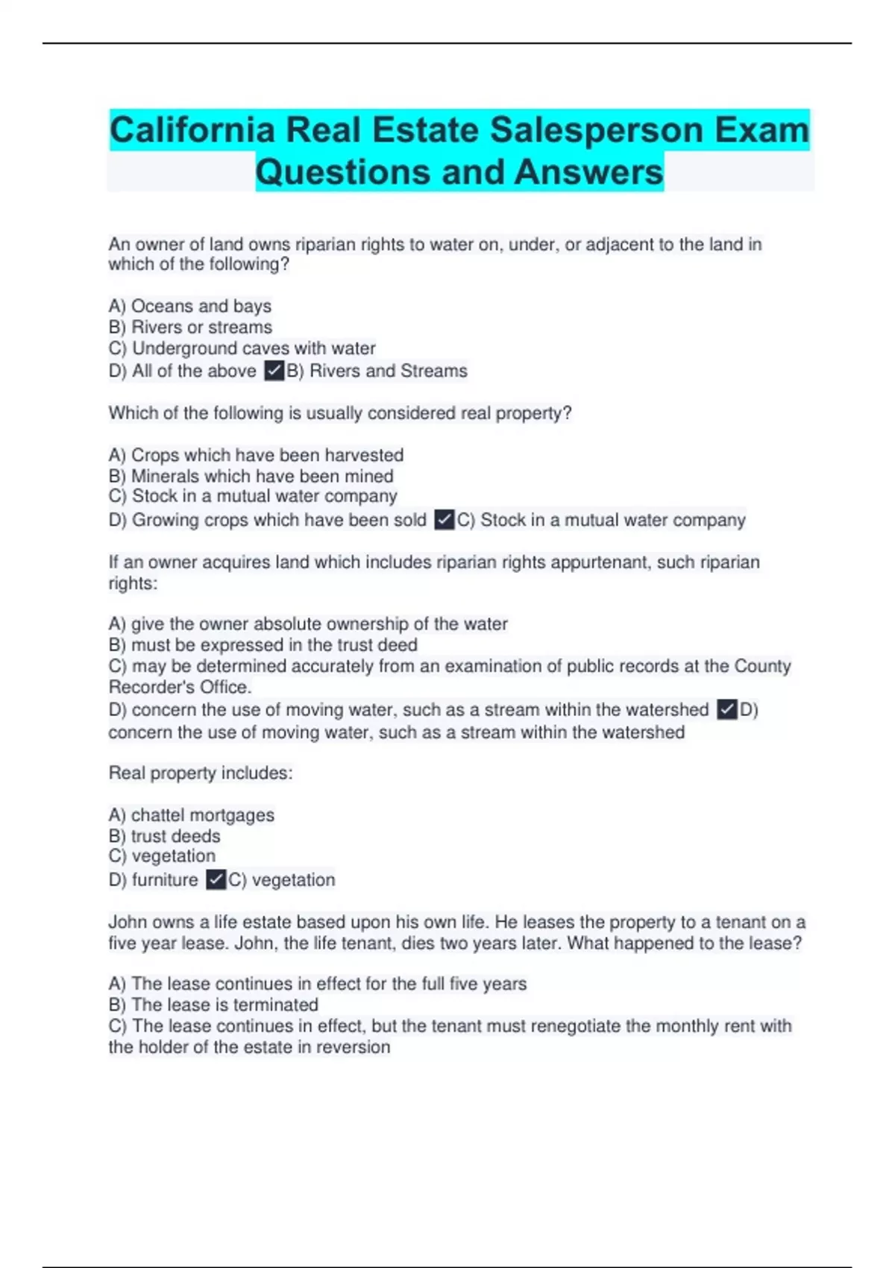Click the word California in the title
click(192, 131)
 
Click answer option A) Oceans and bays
click(190, 306)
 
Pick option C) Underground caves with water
click(242, 348)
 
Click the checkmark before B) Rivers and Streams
click(274, 371)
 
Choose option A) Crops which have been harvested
click(256, 455)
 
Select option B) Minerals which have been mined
click(251, 476)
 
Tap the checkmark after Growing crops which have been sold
click(444, 520)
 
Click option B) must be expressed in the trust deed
click(263, 645)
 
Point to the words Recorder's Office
click(180, 687)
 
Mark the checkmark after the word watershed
click(726, 709)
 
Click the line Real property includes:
click(201, 773)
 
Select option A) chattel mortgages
click(192, 815)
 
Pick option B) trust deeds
click(165, 836)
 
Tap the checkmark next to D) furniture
click(216, 880)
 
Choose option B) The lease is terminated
click(213, 1005)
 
